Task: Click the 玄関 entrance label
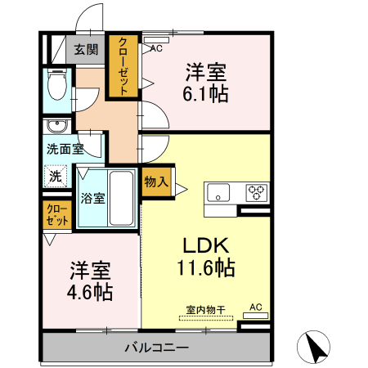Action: point(86,49)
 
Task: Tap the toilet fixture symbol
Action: point(56,86)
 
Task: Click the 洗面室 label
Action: point(65,150)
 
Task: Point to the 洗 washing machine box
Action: point(55,175)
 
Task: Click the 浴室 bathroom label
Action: point(91,198)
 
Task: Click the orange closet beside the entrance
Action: point(123,66)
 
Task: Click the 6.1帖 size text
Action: point(205,93)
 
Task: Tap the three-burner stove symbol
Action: point(257,193)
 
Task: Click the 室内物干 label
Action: point(205,310)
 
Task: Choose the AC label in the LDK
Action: point(255,307)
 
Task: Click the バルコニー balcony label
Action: point(156,348)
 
